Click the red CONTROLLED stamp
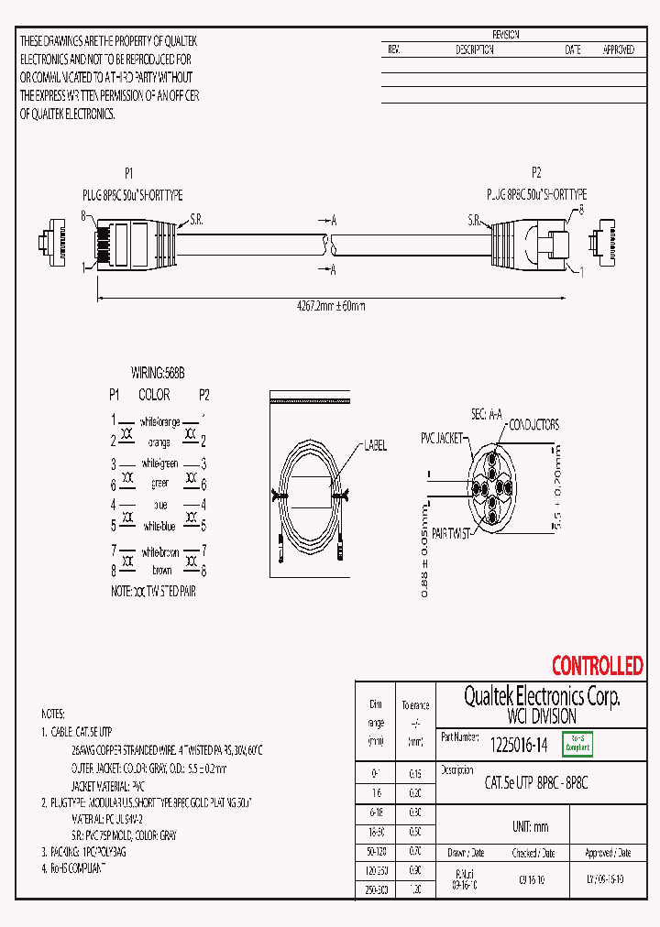(597, 666)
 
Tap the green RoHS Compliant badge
(577, 745)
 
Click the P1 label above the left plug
(129, 173)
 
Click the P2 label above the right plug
(536, 173)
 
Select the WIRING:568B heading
(158, 374)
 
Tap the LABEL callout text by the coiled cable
(375, 446)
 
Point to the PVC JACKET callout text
(444, 437)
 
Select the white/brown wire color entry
(160, 552)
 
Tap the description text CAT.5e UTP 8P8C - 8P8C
(535, 783)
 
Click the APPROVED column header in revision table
(618, 50)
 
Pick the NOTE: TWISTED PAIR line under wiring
(153, 592)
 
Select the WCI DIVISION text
(541, 716)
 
